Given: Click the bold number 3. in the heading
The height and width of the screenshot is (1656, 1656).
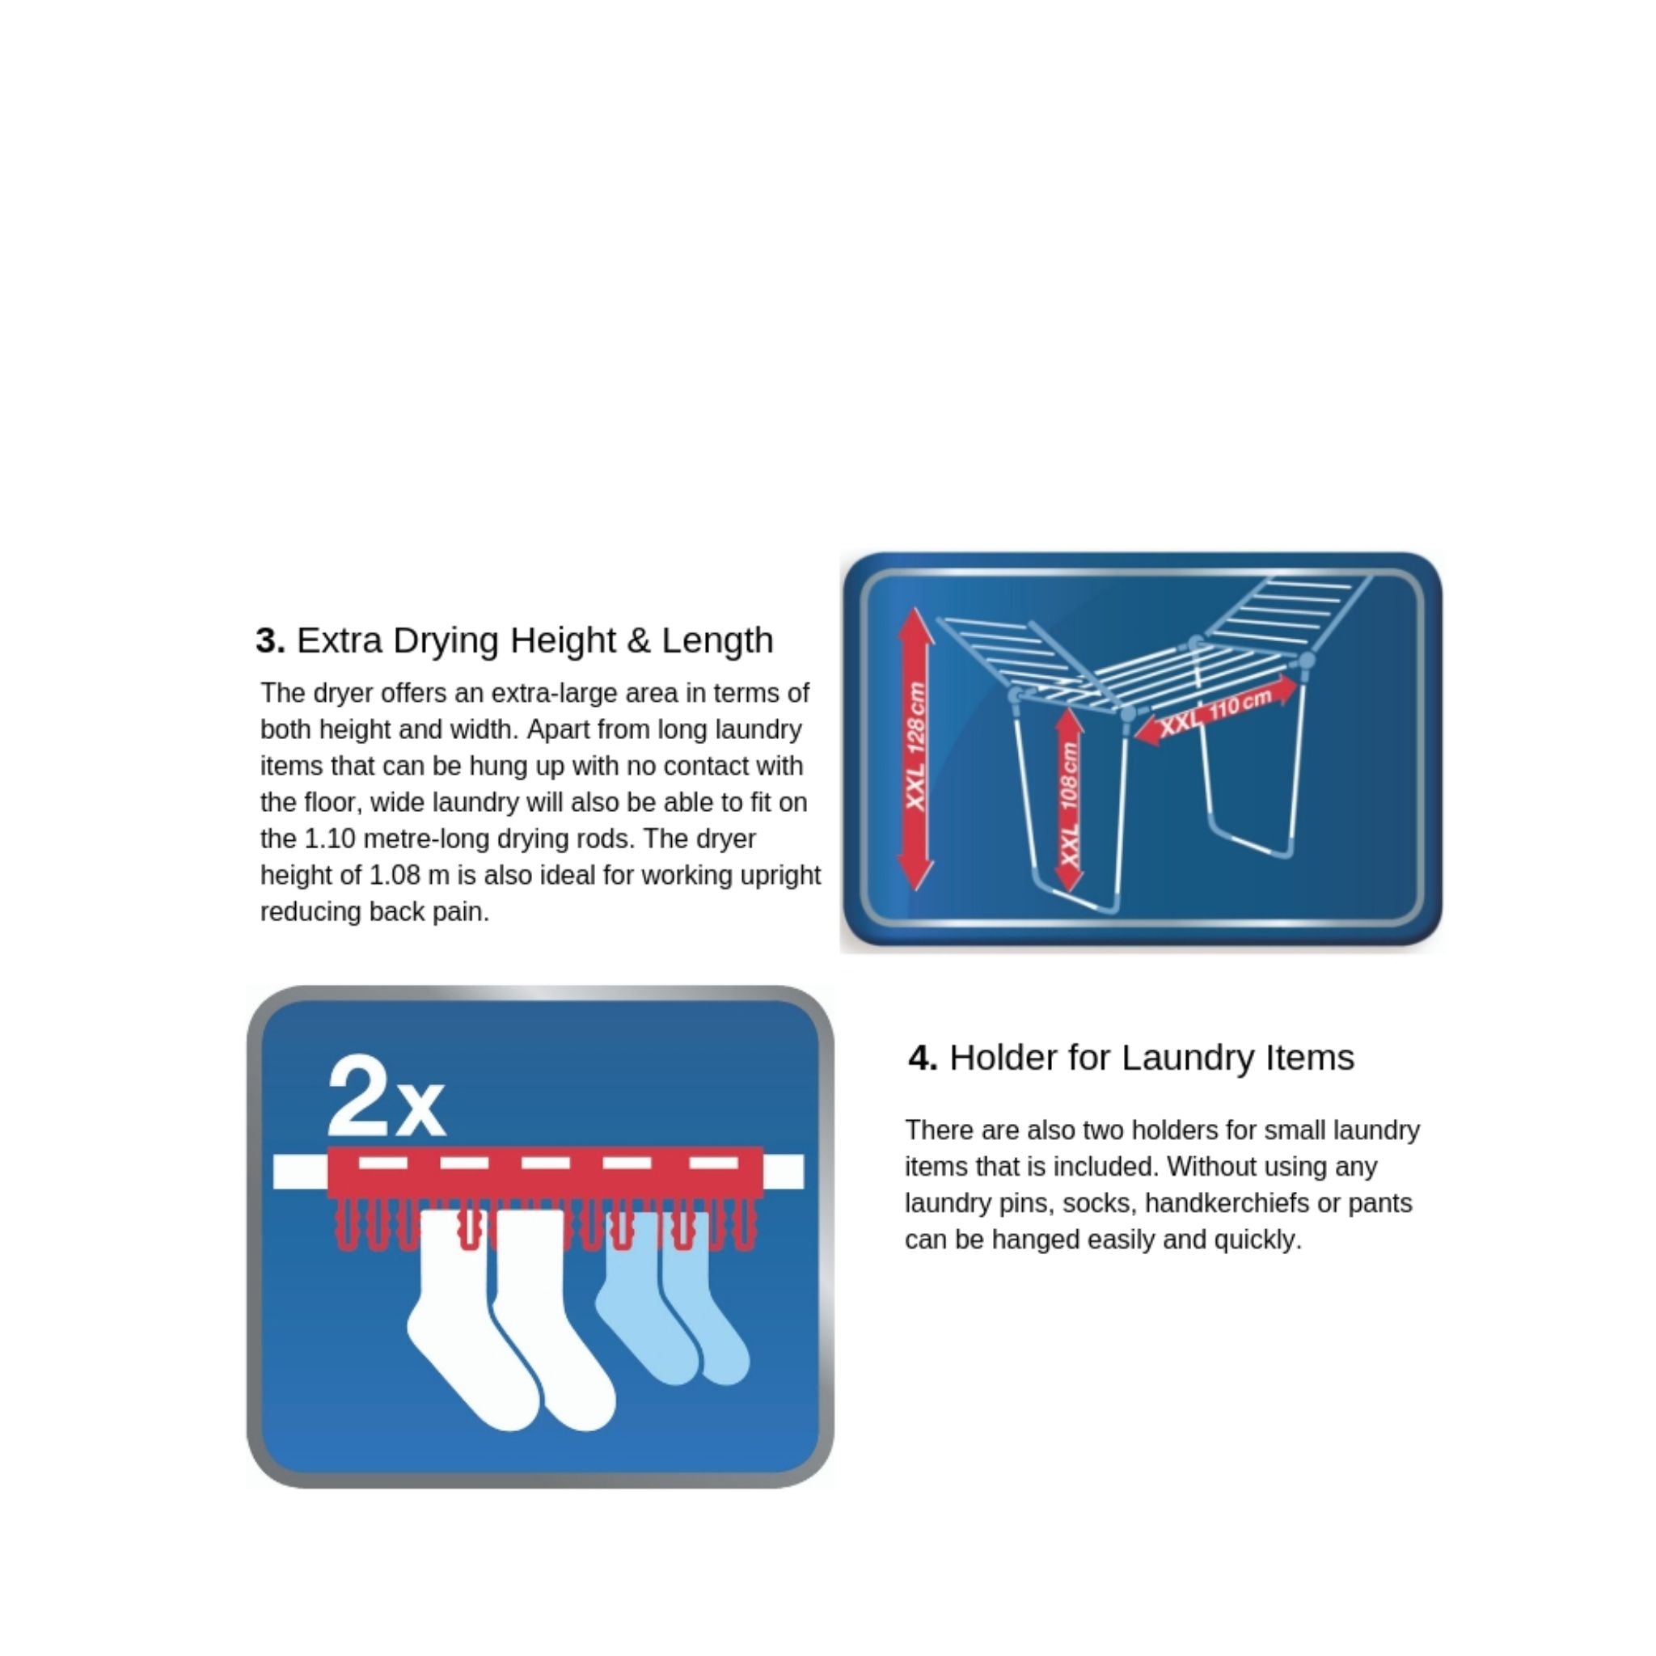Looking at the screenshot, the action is [270, 640].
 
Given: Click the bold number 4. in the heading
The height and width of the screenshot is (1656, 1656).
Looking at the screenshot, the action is [923, 1058].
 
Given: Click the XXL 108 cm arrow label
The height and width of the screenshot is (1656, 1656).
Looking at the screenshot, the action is [1069, 803].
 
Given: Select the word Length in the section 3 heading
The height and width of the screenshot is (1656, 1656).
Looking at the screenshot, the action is [717, 641].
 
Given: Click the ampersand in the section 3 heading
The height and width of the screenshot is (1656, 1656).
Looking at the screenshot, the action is [639, 641].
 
